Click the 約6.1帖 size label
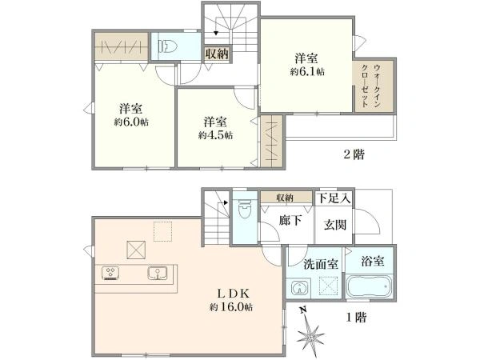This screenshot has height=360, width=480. point(307,71)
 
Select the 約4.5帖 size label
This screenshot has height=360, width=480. point(216,135)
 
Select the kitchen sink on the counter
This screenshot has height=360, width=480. point(157,274)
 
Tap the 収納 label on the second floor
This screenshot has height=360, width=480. point(217,54)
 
